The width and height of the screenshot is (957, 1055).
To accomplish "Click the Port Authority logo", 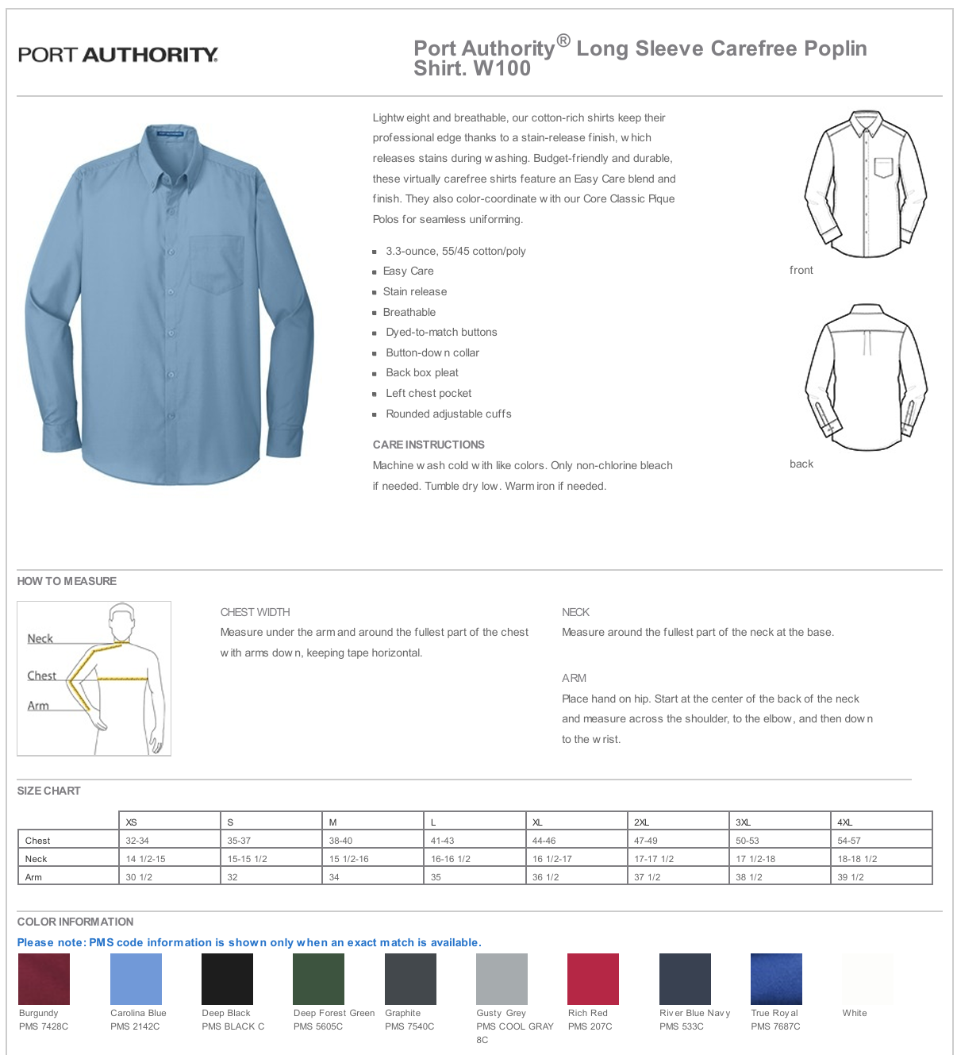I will click(117, 55).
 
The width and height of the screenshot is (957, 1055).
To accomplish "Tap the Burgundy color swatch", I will click(44, 979).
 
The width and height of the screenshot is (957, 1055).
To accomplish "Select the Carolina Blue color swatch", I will click(136, 979).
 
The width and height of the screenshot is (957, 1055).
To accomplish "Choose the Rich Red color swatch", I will click(593, 979).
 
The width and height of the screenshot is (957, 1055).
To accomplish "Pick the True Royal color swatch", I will click(776, 979).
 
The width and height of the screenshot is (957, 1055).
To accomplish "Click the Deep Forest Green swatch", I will click(318, 979).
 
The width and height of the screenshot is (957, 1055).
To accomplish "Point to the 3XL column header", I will click(744, 822).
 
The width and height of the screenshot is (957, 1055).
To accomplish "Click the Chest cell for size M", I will click(341, 841).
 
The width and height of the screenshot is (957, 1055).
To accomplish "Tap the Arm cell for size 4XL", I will click(851, 877).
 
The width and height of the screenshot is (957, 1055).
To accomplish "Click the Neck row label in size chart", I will click(37, 859).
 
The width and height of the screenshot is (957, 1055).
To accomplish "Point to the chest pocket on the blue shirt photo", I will click(216, 264).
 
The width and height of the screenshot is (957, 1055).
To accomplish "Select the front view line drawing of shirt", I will click(866, 185).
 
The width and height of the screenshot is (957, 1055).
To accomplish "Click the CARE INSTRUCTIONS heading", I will click(429, 445).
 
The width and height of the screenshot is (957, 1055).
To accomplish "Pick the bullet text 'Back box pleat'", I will click(422, 373).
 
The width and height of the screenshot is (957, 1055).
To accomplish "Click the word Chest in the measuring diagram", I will click(42, 676).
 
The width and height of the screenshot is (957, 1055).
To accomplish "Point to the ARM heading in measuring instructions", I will click(574, 678).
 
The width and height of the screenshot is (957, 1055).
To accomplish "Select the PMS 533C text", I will click(682, 1026).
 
